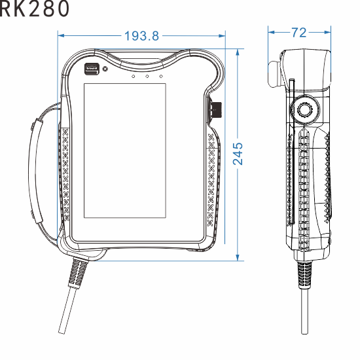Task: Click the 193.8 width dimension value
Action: click(x=141, y=36)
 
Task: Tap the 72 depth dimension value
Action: click(x=298, y=32)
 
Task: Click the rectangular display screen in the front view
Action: click(x=124, y=151)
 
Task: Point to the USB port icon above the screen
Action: click(x=91, y=67)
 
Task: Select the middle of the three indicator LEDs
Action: click(x=147, y=77)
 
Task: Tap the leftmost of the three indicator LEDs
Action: click(x=134, y=77)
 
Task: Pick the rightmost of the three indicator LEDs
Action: click(x=160, y=77)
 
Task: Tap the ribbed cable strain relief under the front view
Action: click(x=78, y=270)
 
